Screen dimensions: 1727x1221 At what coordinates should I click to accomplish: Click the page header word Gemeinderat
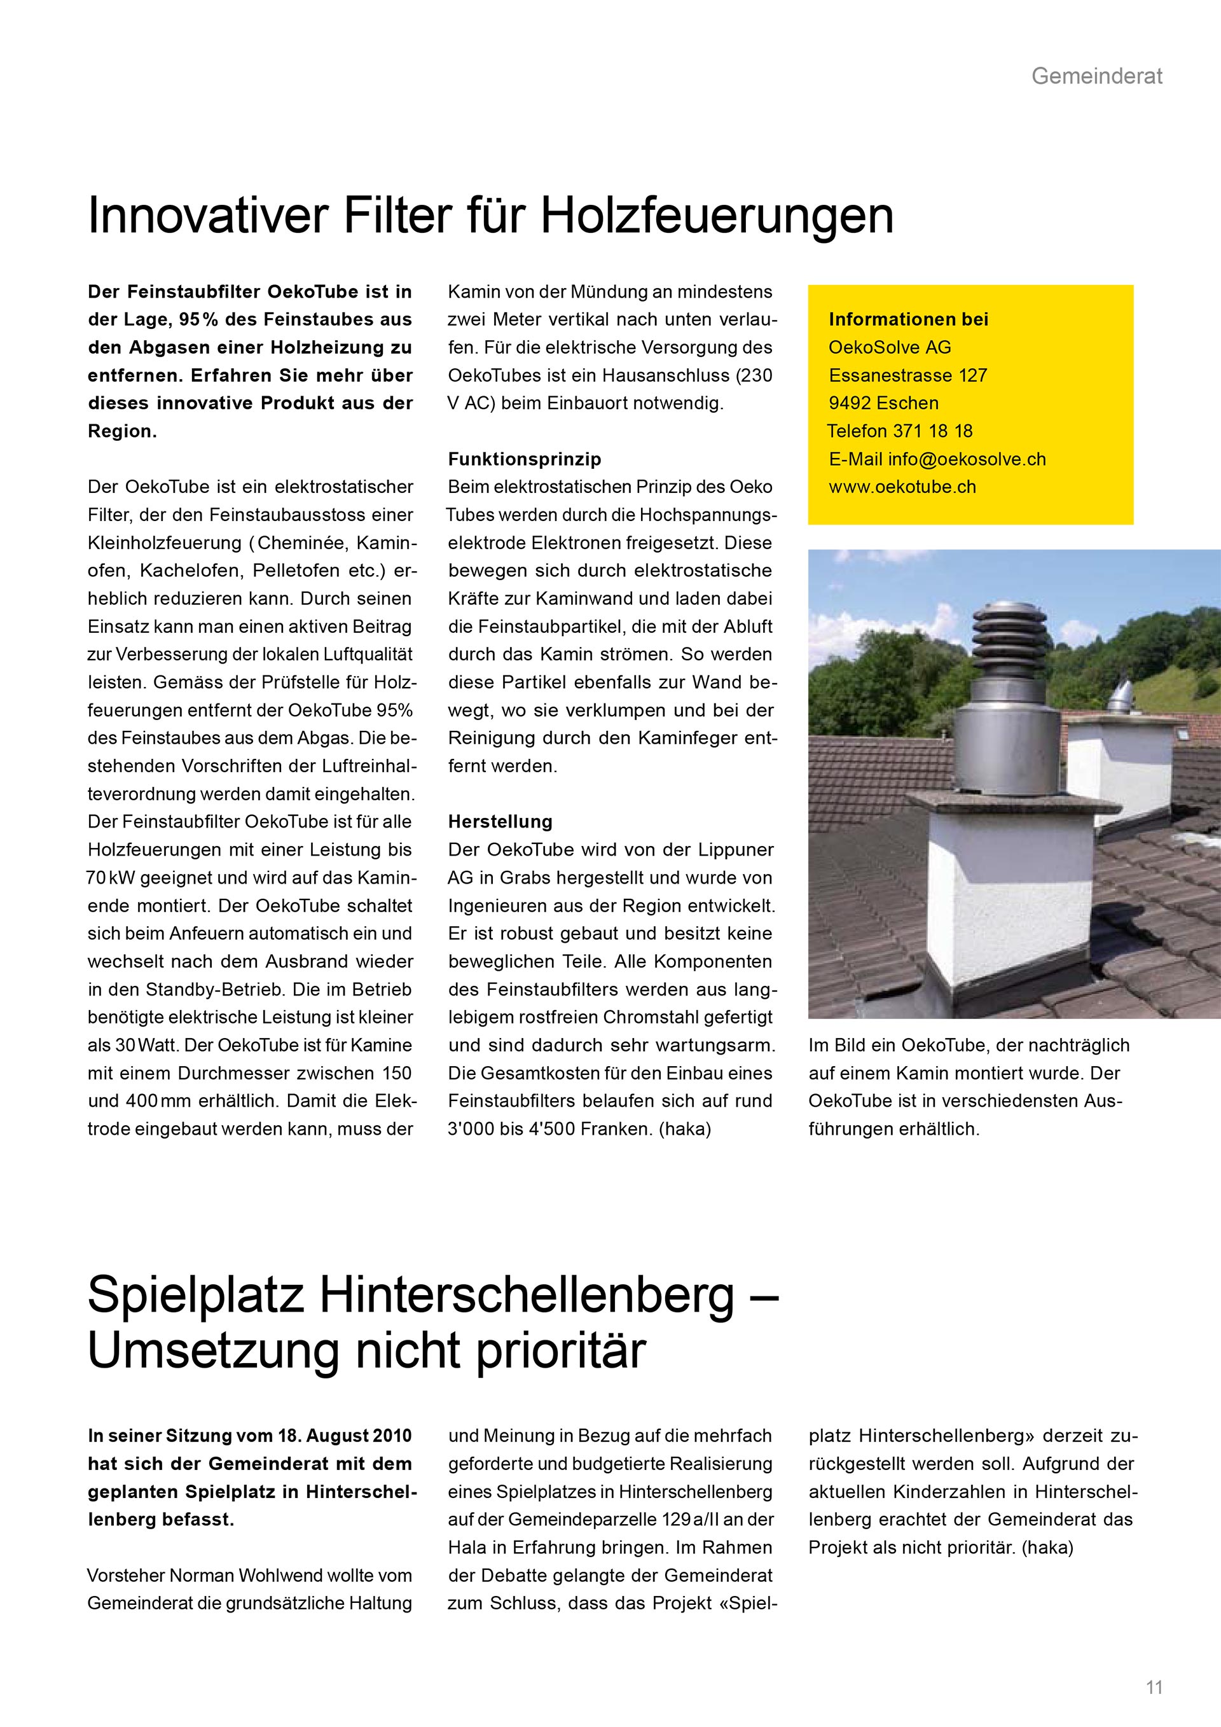pyautogui.click(x=1096, y=76)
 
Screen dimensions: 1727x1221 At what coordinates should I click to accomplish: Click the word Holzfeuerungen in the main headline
pyautogui.click(x=717, y=216)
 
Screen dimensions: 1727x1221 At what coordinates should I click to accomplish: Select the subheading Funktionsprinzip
pyautogui.click(x=524, y=459)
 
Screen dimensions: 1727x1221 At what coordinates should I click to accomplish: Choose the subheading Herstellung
pyautogui.click(x=500, y=821)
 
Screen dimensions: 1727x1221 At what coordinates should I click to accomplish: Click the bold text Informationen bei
pyautogui.click(x=908, y=319)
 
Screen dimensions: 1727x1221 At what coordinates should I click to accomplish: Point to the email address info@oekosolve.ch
pyautogui.click(x=967, y=459)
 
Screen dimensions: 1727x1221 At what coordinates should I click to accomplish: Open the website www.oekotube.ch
pyautogui.click(x=902, y=487)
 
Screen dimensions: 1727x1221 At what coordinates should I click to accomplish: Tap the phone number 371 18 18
pyautogui.click(x=932, y=431)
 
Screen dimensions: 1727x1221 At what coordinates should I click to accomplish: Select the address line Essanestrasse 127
pyautogui.click(x=907, y=375)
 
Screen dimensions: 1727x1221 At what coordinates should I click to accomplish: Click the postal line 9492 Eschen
pyautogui.click(x=883, y=403)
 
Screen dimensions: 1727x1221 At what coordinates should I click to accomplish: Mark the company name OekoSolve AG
pyautogui.click(x=890, y=347)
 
